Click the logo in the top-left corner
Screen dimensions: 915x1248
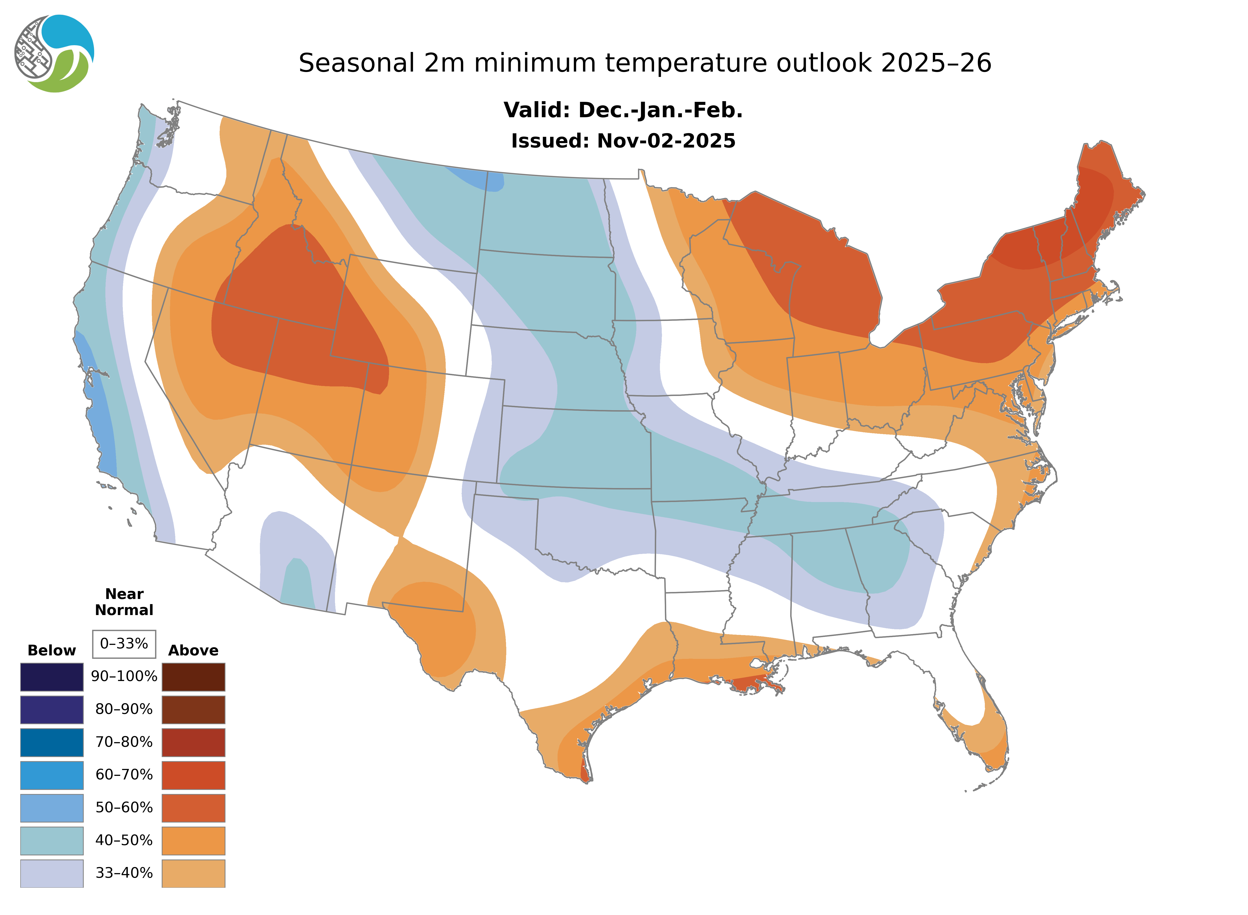point(54,54)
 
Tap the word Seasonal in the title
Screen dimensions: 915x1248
point(356,63)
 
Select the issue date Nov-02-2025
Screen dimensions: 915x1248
point(666,141)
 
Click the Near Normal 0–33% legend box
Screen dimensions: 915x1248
point(124,644)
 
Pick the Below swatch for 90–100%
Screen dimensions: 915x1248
point(52,677)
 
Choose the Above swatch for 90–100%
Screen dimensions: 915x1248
point(193,677)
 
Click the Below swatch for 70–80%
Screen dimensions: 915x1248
point(52,742)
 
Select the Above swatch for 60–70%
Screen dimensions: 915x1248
point(193,775)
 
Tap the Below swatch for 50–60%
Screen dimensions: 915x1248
point(52,808)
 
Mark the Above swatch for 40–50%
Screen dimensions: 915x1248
point(193,840)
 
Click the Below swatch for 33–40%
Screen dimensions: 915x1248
point(52,873)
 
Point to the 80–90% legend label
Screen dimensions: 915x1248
point(124,709)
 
